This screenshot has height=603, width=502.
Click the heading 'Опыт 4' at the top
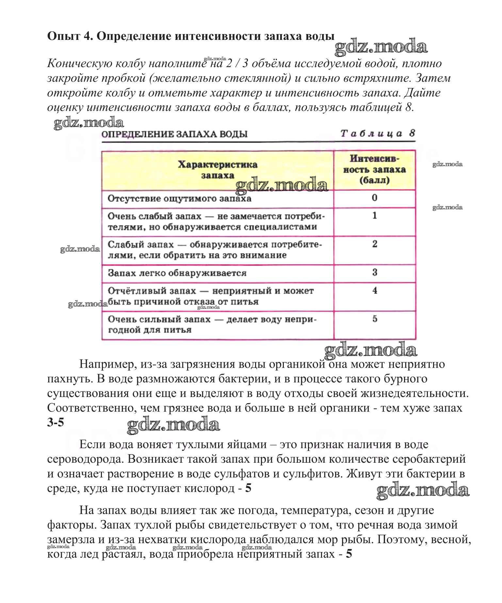pos(68,36)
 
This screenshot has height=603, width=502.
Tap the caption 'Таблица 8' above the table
pos(378,133)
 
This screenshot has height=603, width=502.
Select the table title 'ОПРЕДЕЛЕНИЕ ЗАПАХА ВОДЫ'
pos(174,134)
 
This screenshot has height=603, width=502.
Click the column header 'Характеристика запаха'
pos(218,170)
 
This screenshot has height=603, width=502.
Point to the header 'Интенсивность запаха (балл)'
pos(374,169)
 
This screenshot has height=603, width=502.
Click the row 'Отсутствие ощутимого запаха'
pos(179,198)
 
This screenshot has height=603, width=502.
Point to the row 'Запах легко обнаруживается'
pos(177,273)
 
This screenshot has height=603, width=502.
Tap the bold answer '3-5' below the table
pos(56,422)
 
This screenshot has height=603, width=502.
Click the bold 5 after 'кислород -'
pos(248,488)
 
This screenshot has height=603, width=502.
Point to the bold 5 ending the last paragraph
pos(349,554)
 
